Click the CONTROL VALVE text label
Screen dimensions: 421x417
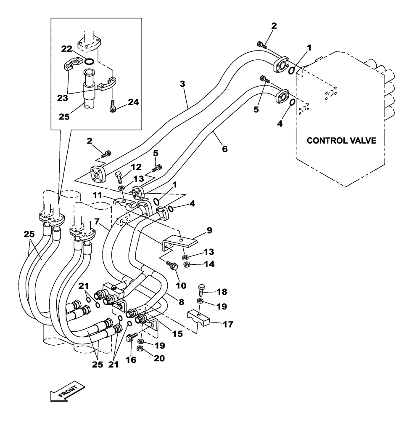click(341, 140)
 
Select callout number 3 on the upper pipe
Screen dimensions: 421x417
click(182, 83)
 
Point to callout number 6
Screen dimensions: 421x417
click(225, 149)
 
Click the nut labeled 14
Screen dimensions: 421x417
click(189, 265)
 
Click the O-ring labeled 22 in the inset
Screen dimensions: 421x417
click(88, 62)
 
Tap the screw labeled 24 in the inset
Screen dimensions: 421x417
click(113, 107)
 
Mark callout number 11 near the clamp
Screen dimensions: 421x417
click(98, 195)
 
